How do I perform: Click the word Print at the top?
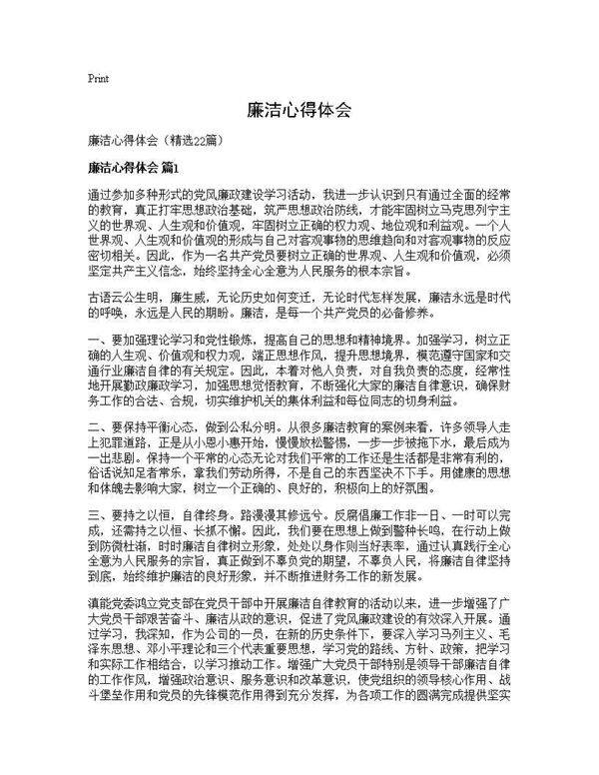(x=98, y=78)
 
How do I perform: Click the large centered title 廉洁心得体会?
(x=299, y=111)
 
